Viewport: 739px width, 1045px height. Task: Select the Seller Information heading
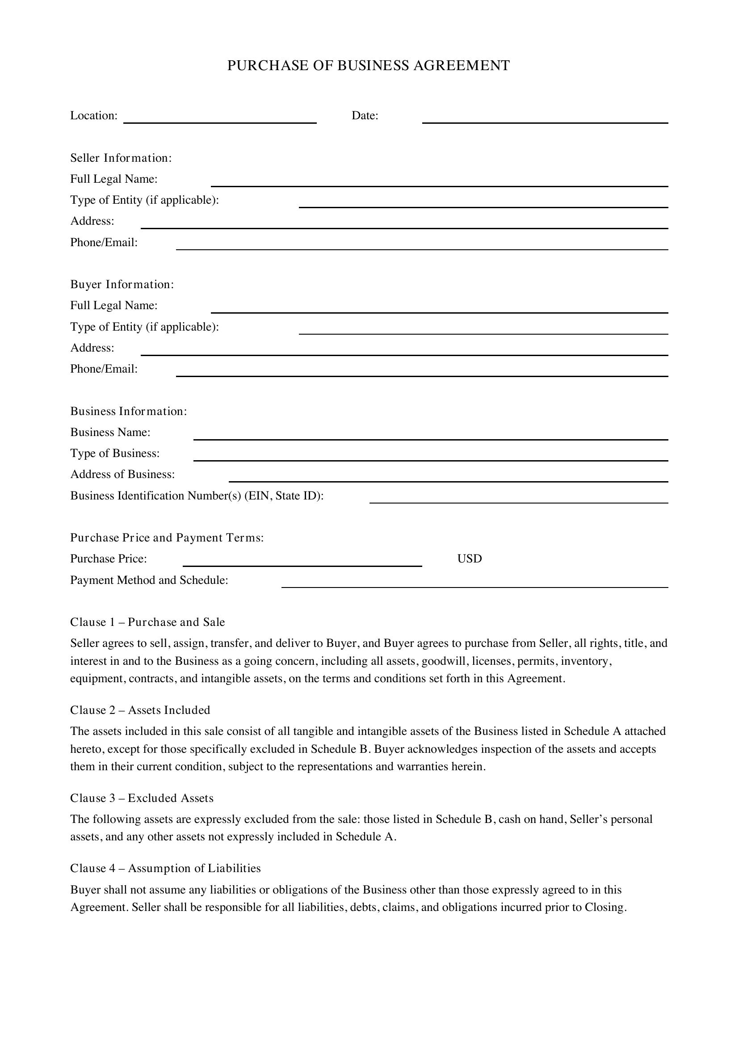pos(121,158)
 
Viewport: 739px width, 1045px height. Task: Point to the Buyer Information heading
pos(122,285)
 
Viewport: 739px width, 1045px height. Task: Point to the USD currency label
pos(469,559)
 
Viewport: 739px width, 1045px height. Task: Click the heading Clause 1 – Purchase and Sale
pos(147,622)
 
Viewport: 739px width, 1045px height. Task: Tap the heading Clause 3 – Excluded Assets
pos(142,798)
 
